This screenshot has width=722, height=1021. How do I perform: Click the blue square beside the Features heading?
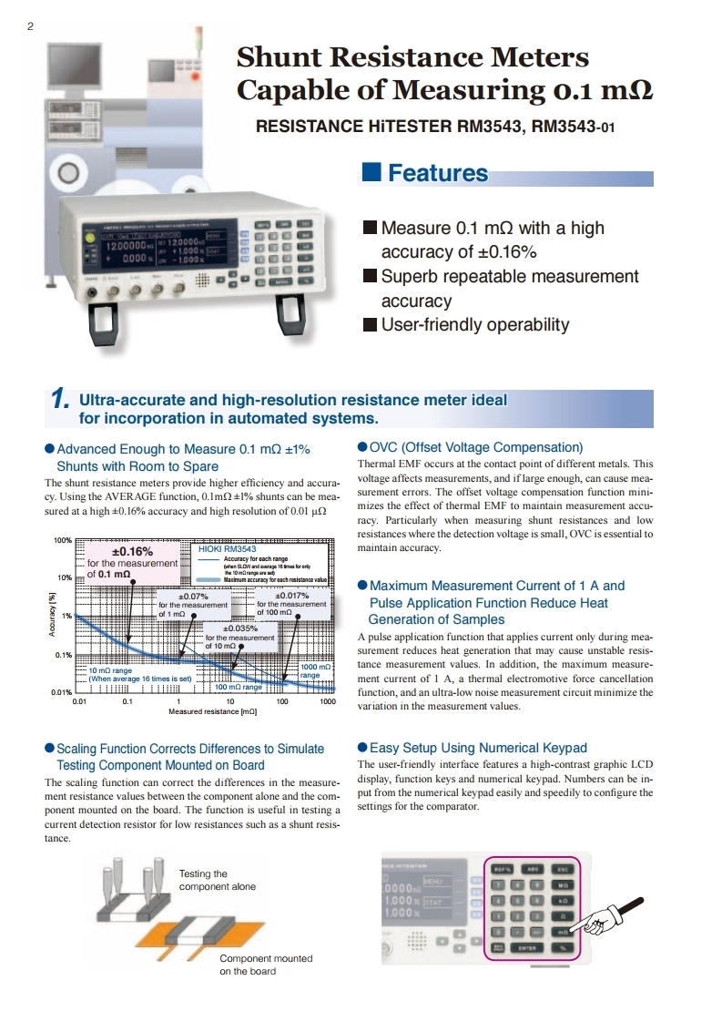[371, 172]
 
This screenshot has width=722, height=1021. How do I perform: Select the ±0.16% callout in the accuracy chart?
[131, 551]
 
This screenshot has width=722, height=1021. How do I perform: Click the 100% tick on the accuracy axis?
[63, 541]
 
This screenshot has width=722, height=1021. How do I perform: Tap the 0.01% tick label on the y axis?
[61, 693]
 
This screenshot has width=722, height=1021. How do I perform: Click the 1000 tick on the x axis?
[328, 702]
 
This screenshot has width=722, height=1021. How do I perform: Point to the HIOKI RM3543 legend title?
[227, 549]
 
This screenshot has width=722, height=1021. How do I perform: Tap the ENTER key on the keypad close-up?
[528, 948]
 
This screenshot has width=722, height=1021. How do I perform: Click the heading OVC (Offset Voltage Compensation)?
[476, 447]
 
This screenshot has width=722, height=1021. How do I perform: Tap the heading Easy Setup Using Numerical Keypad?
[478, 748]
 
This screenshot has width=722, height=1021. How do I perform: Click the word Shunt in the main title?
[277, 57]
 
